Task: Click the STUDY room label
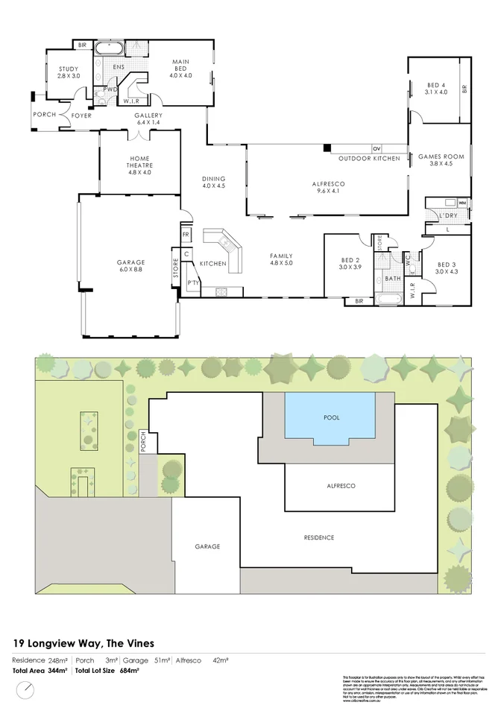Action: [69, 72]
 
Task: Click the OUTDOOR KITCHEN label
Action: [368, 159]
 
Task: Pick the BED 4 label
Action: [436, 88]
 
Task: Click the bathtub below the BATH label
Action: [391, 300]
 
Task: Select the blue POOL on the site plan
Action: [331, 419]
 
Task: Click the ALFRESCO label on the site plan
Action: [340, 486]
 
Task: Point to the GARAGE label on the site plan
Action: [207, 546]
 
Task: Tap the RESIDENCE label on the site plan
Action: [318, 537]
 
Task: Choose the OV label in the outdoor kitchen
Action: [376, 149]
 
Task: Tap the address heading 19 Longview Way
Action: [83, 642]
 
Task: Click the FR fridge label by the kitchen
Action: [186, 235]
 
